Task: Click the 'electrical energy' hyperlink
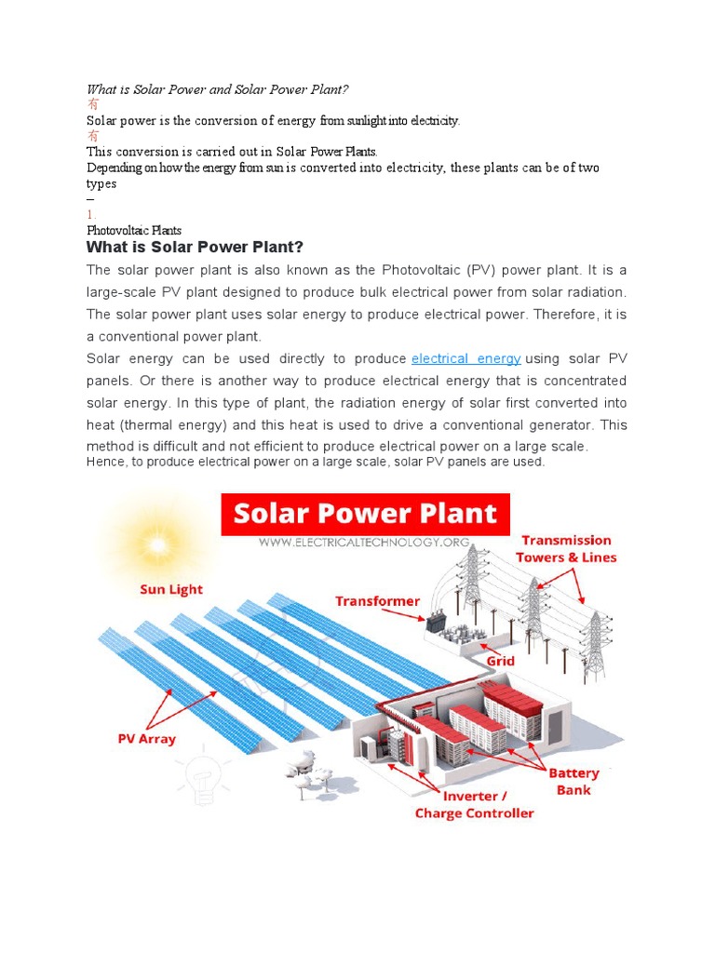(x=465, y=358)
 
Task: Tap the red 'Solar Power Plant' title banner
(x=365, y=514)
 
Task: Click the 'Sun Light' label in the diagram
(x=171, y=589)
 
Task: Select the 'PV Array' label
(x=146, y=739)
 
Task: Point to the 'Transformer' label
(x=377, y=601)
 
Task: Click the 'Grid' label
(x=500, y=662)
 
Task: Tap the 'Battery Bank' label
(x=573, y=782)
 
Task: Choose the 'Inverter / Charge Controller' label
(x=474, y=805)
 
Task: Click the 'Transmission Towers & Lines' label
(x=566, y=548)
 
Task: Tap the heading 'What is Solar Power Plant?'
(x=195, y=247)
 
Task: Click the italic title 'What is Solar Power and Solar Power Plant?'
(x=216, y=89)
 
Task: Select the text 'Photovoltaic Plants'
(x=134, y=230)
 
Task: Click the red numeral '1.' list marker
(x=91, y=214)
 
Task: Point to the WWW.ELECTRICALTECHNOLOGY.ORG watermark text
(x=364, y=543)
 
